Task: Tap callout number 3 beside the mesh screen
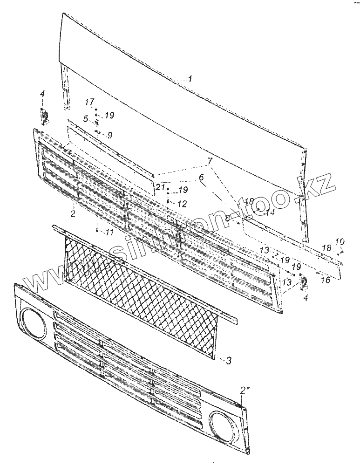click(228, 360)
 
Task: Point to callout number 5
click(86, 118)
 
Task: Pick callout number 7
click(211, 161)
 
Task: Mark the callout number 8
click(228, 218)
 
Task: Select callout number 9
click(110, 136)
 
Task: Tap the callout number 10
click(340, 241)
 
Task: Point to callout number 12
click(182, 204)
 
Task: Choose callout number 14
click(271, 212)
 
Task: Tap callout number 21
click(160, 187)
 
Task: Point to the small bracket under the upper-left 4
click(45, 116)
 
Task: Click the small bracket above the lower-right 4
click(304, 281)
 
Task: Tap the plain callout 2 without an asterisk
click(73, 213)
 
